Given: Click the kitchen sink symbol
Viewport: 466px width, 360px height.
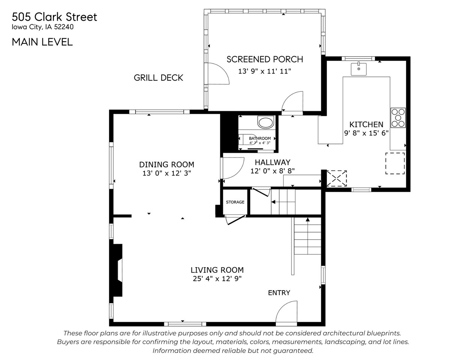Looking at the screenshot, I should [359, 69].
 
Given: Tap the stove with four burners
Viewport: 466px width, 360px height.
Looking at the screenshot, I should [398, 118].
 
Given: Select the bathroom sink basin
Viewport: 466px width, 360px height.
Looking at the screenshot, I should [266, 122].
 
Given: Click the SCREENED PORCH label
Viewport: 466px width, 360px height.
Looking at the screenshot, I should [265, 59].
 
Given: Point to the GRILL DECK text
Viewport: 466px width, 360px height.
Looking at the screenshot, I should [158, 78].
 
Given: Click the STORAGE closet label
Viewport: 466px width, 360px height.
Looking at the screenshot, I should [235, 202].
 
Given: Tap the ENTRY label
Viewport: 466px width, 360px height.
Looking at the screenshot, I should [279, 293].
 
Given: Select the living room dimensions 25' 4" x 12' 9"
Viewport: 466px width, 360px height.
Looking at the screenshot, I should [217, 279].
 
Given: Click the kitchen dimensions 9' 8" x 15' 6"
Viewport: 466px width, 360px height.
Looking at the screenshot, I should [366, 133].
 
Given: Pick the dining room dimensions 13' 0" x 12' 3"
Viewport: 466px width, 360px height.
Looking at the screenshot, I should [167, 173].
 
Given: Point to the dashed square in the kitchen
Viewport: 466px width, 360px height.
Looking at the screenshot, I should [395, 163].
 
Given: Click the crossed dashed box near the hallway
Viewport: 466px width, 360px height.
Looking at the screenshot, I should [337, 178].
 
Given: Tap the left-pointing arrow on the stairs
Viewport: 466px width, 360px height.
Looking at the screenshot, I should [274, 202].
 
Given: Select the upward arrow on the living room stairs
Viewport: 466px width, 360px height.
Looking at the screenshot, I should [308, 220].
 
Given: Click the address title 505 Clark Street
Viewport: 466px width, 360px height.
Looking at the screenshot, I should [54, 17].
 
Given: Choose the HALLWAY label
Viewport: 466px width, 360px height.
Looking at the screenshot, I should [272, 162].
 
